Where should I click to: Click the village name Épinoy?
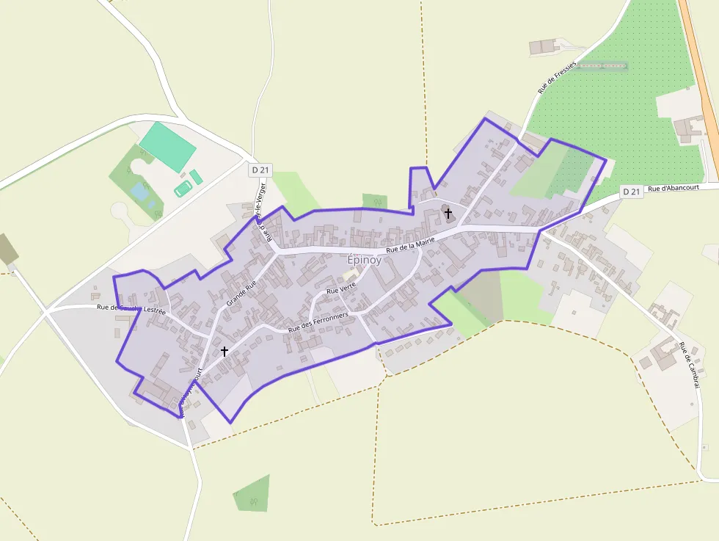click(364, 261)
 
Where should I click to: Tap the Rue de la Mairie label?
click(411, 244)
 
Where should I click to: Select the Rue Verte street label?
click(341, 290)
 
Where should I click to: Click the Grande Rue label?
click(241, 292)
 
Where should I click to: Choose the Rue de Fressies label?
click(557, 76)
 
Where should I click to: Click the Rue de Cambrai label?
click(689, 365)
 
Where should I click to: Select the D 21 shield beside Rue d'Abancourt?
click(632, 192)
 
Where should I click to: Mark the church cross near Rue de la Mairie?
click(448, 213)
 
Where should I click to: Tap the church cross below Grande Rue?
click(225, 352)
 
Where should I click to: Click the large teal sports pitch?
click(168, 146)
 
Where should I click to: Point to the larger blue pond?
click(139, 192)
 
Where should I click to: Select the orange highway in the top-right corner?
click(701, 81)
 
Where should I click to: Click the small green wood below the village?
click(252, 494)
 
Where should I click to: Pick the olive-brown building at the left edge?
click(7, 249)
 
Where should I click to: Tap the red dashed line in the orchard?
click(602, 66)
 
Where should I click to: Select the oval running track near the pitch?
click(182, 189)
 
